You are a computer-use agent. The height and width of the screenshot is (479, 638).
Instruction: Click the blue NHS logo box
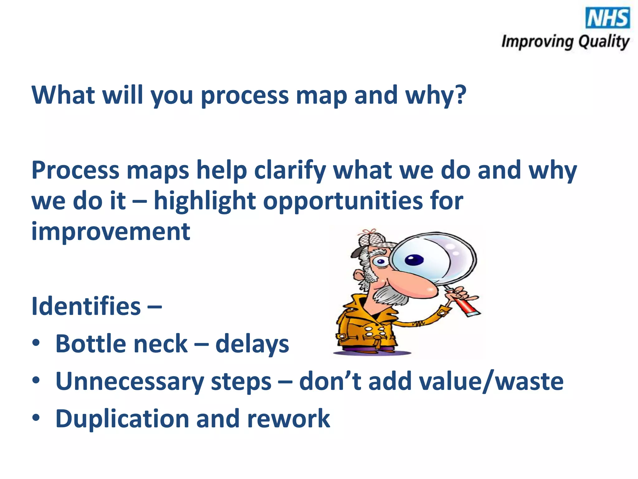tap(607, 18)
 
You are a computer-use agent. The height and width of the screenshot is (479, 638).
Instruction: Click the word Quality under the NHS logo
tap(604, 42)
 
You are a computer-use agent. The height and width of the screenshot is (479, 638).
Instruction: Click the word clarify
tap(290, 171)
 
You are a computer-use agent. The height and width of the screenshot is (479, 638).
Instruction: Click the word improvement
tap(111, 232)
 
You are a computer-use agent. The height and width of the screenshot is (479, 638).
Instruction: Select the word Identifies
tap(86, 306)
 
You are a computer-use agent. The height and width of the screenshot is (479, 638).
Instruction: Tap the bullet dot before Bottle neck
tap(36, 343)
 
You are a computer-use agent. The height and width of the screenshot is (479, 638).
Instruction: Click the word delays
tap(252, 344)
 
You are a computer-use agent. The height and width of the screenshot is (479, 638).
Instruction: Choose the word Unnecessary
tap(129, 382)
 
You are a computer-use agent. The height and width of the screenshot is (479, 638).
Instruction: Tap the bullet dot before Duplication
tap(36, 418)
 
